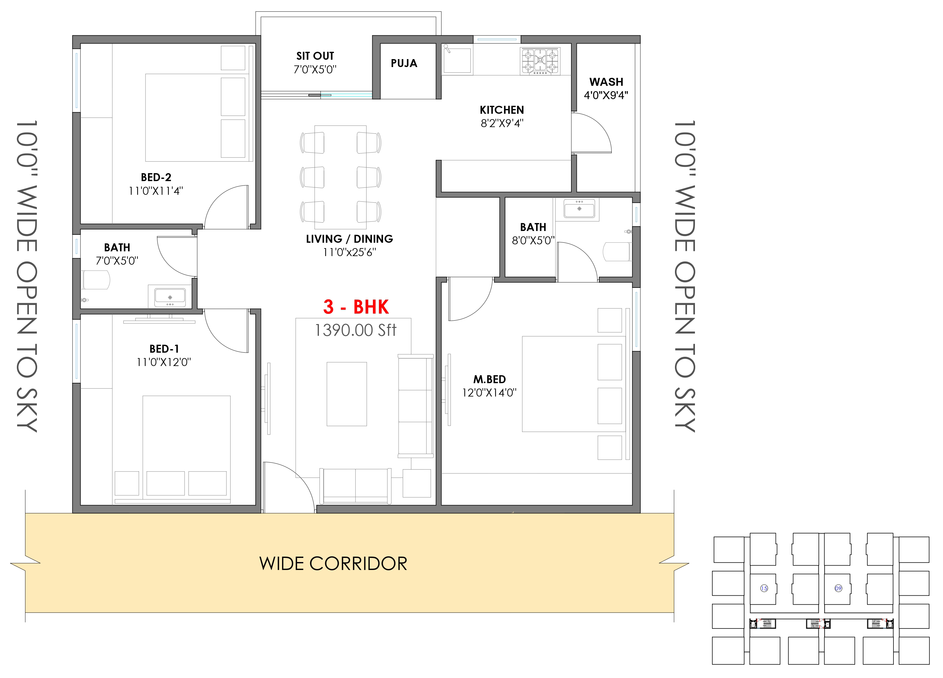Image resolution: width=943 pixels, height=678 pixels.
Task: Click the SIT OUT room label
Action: [315, 56]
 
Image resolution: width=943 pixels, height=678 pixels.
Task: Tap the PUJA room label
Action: [404, 63]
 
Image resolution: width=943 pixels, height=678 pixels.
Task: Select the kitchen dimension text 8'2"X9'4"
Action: [502, 123]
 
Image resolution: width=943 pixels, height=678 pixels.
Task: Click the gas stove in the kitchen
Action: [540, 61]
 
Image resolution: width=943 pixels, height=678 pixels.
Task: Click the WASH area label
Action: [606, 82]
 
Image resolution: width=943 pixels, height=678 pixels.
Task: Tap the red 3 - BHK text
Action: [356, 307]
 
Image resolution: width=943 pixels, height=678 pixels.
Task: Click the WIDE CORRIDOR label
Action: [333, 564]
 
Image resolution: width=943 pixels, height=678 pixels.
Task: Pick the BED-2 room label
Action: [156, 178]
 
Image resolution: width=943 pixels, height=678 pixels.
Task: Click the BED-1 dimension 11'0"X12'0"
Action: [164, 362]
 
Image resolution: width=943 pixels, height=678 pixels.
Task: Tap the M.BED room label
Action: [489, 379]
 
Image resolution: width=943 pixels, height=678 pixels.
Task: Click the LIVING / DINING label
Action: [349, 239]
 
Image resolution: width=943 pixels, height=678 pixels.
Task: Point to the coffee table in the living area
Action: [347, 394]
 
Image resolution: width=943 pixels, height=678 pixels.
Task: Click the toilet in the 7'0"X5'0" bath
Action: [96, 280]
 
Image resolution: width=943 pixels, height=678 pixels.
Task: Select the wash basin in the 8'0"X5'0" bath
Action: [579, 208]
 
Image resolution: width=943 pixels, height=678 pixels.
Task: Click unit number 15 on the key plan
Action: [764, 588]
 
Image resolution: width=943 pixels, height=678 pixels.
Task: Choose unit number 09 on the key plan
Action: [838, 588]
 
